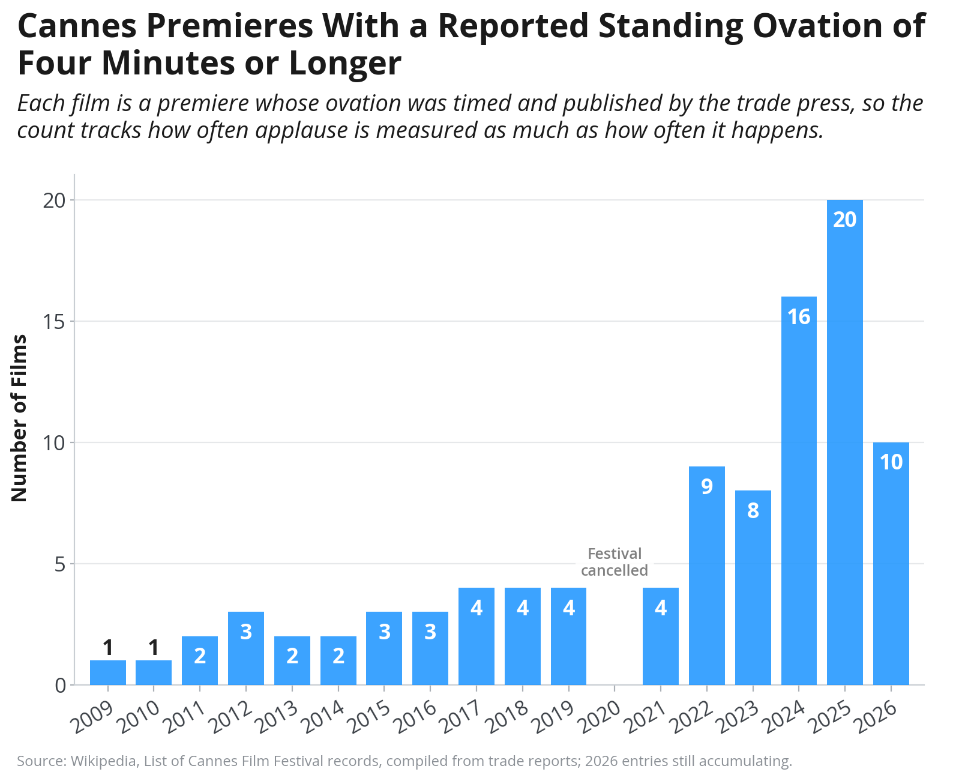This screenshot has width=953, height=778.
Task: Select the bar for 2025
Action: point(844,442)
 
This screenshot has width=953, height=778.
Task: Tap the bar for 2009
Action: point(107,672)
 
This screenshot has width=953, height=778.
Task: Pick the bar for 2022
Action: point(706,575)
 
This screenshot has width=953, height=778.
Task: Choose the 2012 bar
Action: point(246,648)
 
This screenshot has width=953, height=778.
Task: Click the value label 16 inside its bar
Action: point(798,316)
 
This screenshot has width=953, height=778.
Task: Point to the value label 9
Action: point(707,486)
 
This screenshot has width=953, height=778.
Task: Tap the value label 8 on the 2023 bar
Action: point(753,510)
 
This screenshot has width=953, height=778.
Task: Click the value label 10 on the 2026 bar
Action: point(891,462)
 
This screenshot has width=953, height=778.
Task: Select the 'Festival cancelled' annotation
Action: point(614,561)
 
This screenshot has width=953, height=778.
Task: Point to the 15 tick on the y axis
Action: point(54,321)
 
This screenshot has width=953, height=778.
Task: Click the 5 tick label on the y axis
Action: point(60,564)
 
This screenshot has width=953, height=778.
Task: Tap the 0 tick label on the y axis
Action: point(60,686)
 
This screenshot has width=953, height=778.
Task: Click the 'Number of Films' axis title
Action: point(19,418)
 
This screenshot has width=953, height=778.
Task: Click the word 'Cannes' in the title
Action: point(77,26)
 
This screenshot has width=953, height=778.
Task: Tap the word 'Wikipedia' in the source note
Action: point(103,761)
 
